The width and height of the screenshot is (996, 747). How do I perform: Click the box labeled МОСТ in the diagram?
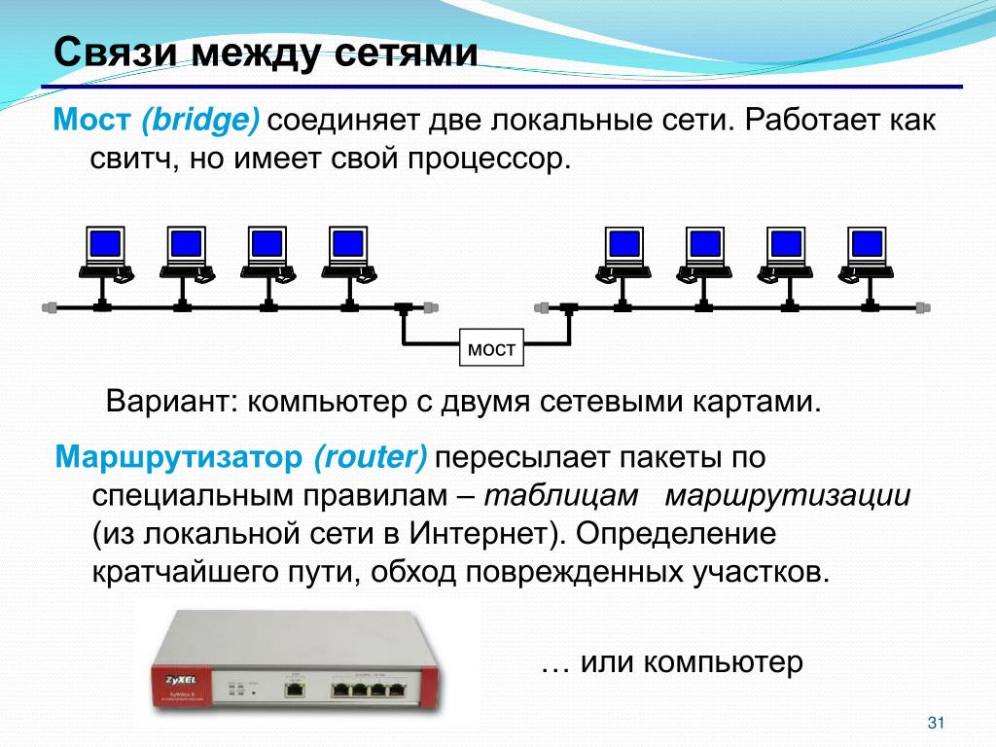[491, 348]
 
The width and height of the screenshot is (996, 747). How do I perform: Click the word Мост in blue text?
[91, 122]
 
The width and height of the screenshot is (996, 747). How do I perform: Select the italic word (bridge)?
[199, 123]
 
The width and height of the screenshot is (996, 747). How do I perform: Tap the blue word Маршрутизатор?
[179, 456]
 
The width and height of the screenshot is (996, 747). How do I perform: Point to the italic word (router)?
[371, 456]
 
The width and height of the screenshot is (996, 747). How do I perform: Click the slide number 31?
[938, 722]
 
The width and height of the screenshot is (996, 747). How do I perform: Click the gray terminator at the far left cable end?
[51, 307]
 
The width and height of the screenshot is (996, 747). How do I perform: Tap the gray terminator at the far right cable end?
[923, 307]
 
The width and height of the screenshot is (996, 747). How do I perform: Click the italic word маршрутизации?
[788, 495]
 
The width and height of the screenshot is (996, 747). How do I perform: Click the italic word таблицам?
[560, 495]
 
